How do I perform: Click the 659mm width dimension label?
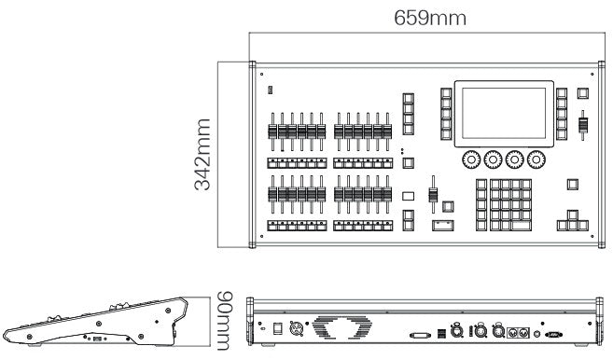pyautogui.click(x=429, y=18)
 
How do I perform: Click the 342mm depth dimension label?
pyautogui.click(x=202, y=155)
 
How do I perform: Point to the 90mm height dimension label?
pyautogui.click(x=225, y=321)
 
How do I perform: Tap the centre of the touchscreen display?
pyautogui.click(x=504, y=114)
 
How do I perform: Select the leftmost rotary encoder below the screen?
pyautogui.click(x=471, y=159)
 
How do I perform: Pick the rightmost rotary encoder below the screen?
pyautogui.click(x=536, y=159)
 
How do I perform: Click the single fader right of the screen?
pyautogui.click(x=583, y=125)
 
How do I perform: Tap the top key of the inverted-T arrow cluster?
pyautogui.click(x=573, y=215)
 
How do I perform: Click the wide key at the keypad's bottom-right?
pyautogui.click(x=522, y=226)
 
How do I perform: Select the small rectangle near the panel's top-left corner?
pyautogui.click(x=270, y=90)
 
